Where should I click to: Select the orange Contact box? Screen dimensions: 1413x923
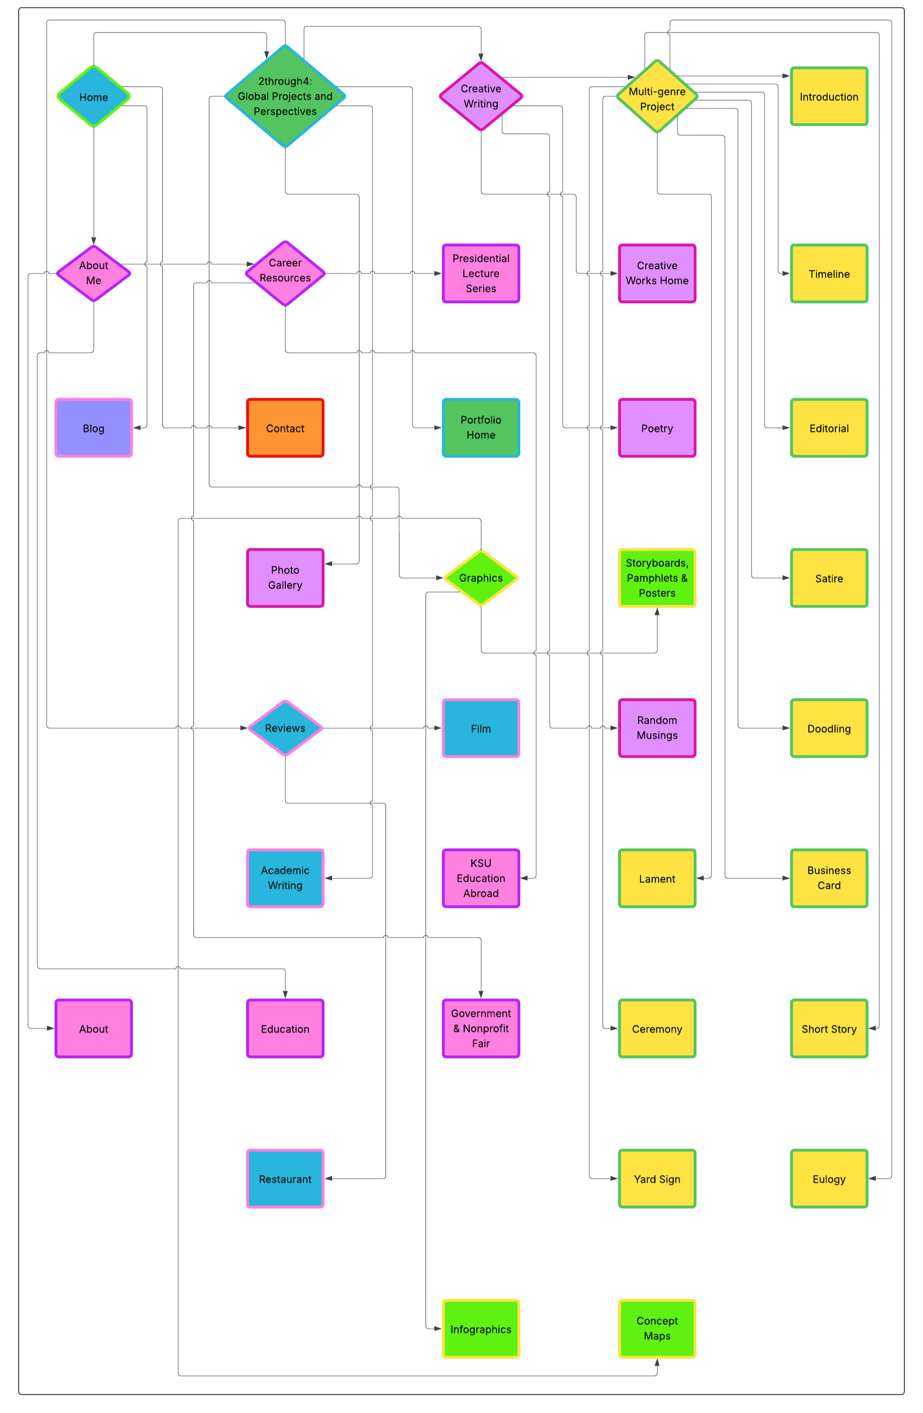(x=285, y=428)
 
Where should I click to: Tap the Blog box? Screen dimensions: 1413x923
(x=93, y=428)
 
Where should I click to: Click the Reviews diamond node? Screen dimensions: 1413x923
(x=285, y=727)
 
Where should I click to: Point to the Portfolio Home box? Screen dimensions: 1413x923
(x=480, y=428)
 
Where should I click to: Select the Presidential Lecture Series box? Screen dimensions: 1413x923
(x=480, y=273)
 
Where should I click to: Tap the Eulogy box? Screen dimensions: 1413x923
(x=829, y=1178)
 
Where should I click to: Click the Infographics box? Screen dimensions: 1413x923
(x=480, y=1329)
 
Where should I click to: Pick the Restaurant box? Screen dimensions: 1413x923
(x=285, y=1178)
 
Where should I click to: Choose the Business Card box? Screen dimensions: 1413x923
(x=829, y=878)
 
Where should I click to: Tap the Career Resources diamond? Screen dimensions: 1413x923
(x=285, y=273)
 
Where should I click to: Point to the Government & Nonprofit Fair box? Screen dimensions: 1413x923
(x=480, y=1028)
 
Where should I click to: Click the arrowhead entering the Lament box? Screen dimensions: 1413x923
(x=701, y=878)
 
